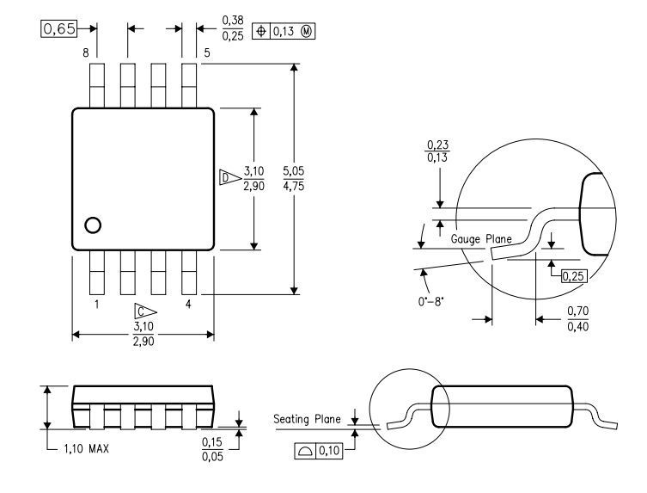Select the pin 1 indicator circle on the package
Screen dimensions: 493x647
click(92, 225)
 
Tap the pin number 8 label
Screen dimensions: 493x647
click(85, 53)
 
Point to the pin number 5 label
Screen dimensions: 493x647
click(207, 53)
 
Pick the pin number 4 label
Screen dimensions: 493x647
click(187, 305)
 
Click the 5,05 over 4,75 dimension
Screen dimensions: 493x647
click(317, 180)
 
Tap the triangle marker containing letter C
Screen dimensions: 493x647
click(143, 311)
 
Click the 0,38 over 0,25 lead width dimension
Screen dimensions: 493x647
click(230, 28)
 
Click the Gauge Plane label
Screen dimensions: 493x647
click(481, 239)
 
